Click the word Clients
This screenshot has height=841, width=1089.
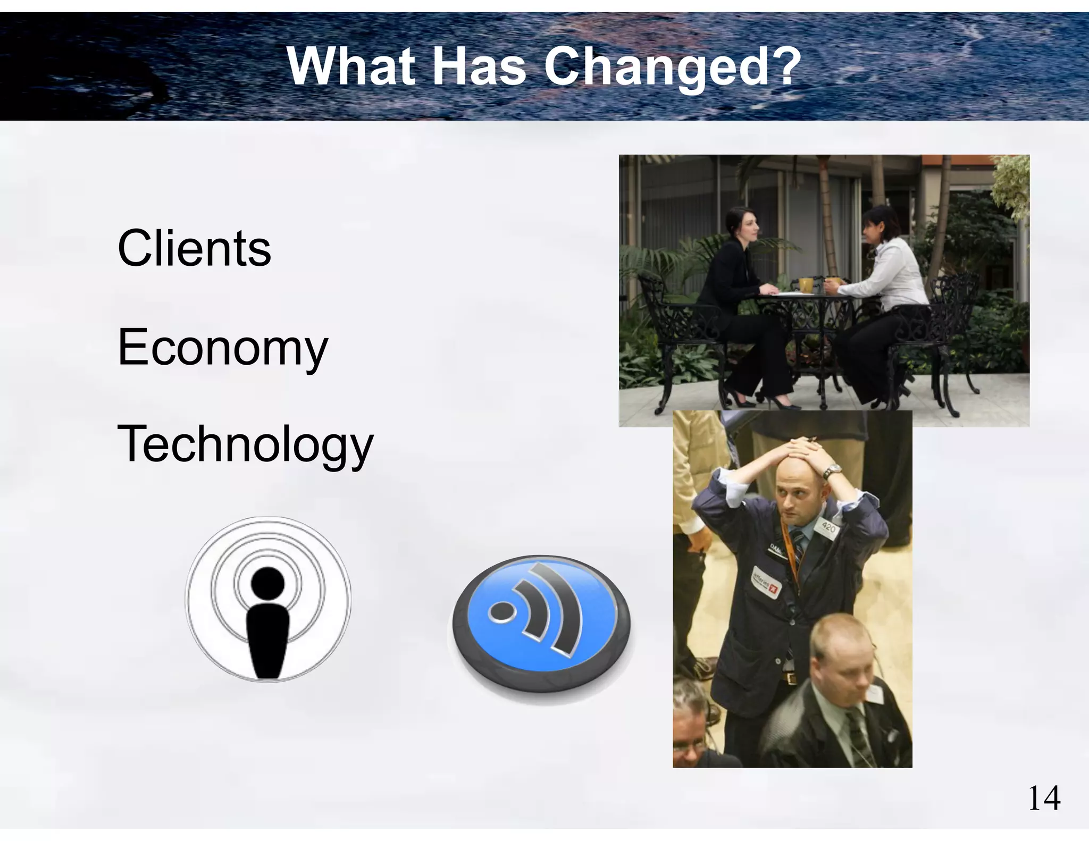coord(194,248)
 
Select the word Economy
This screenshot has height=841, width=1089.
coord(222,348)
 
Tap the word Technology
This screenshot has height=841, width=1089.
coord(245,444)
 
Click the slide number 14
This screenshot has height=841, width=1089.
coord(1044,798)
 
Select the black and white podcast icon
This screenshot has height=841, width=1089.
coord(268,599)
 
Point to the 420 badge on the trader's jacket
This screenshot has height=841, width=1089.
coord(828,528)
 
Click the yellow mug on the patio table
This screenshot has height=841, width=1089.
coord(806,285)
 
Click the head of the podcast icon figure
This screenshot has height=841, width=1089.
coord(268,583)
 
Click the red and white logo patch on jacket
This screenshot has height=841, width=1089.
coord(766,583)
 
